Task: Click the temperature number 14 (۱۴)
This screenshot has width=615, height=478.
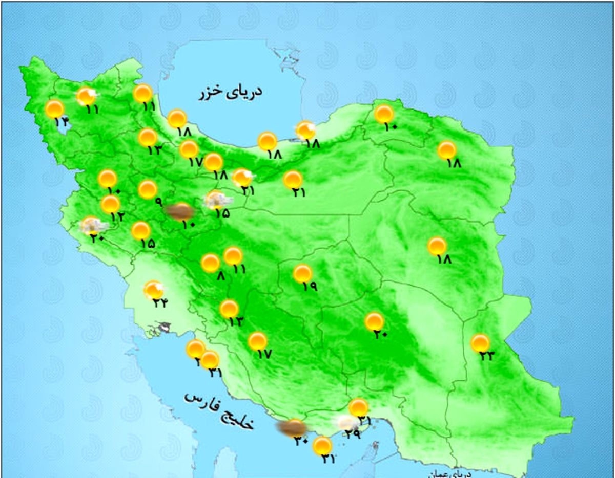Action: (x=61, y=122)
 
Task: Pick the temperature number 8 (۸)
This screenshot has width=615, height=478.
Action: (x=220, y=276)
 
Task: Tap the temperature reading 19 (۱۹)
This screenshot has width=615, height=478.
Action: (x=310, y=287)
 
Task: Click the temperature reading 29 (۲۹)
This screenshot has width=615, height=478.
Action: (x=353, y=434)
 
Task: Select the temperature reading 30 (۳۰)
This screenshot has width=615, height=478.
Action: (x=301, y=440)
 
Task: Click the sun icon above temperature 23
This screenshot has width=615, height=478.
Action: (x=480, y=343)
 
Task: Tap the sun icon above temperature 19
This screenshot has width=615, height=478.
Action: (x=302, y=274)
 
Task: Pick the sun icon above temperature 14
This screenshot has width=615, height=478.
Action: (x=54, y=109)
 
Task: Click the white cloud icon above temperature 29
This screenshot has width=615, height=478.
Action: (x=347, y=422)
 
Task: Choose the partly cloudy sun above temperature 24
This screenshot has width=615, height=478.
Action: (x=153, y=290)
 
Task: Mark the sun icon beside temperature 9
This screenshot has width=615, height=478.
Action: (x=148, y=189)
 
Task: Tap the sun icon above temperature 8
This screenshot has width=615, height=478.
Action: (x=210, y=263)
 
